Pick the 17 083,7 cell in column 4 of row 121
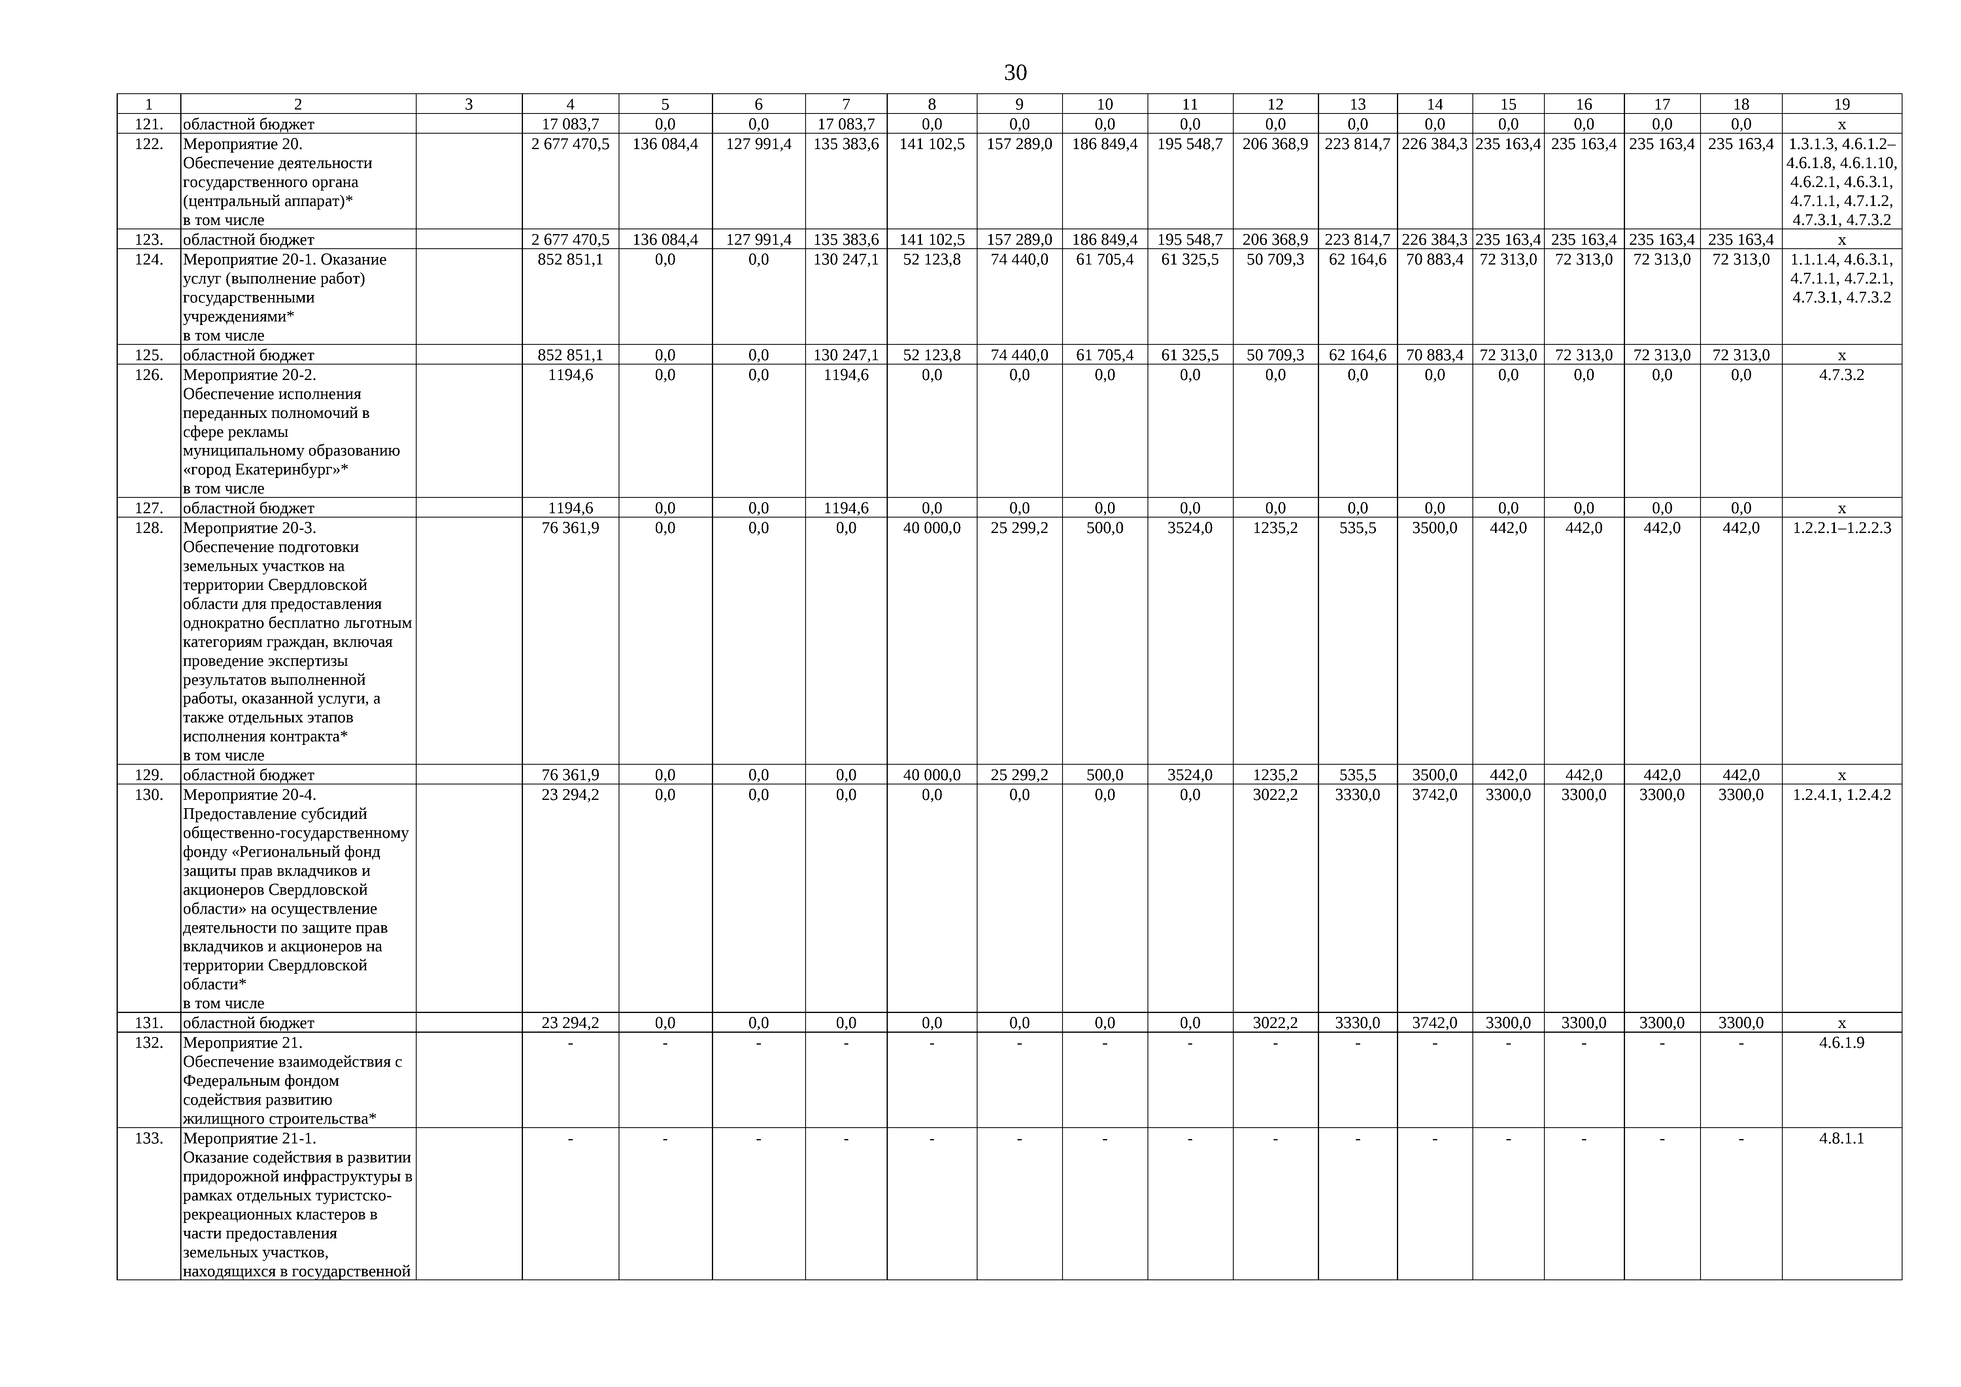(x=570, y=124)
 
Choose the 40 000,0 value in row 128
(x=932, y=528)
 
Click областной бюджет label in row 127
(x=249, y=508)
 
